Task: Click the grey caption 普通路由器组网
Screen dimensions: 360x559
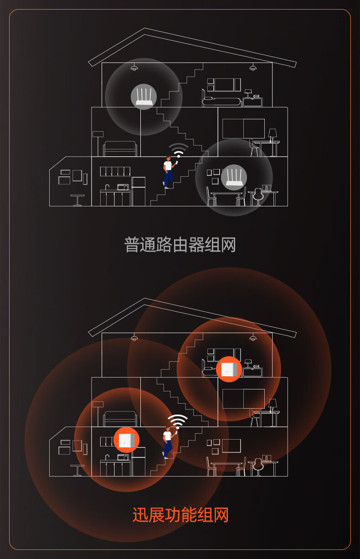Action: (180, 245)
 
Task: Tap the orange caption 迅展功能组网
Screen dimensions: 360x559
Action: (180, 514)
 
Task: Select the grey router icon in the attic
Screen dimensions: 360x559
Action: (144, 97)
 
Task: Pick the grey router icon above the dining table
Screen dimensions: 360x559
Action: (234, 177)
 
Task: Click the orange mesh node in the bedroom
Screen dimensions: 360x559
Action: (229, 369)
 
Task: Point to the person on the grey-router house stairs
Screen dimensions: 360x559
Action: (169, 172)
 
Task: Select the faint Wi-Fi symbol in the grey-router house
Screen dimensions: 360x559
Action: (178, 150)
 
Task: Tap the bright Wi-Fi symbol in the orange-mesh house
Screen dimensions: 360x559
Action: (178, 422)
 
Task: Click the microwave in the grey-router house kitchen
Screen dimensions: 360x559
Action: (123, 187)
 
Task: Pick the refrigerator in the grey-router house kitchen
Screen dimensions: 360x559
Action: (139, 191)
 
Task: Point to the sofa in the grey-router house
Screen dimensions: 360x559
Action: (120, 149)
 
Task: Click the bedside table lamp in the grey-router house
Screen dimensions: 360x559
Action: (248, 93)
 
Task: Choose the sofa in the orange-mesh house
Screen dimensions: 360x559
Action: (120, 419)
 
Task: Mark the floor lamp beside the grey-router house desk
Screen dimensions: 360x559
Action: (273, 142)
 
